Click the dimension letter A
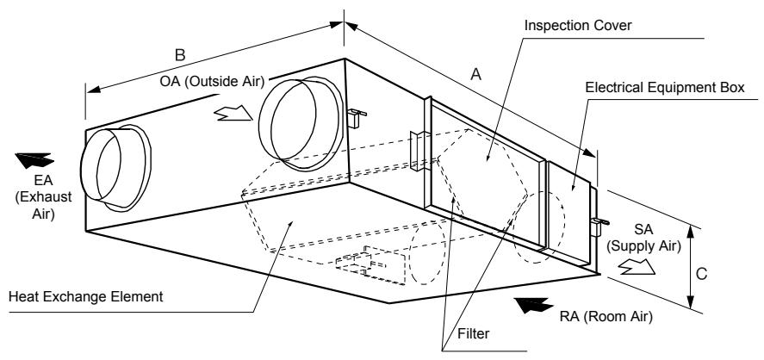476,75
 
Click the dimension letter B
180,55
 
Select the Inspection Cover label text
578,25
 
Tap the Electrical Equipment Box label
665,88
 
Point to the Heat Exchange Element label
86,296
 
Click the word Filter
473,333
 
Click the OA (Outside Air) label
212,81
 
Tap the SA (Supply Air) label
643,238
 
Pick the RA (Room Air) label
606,317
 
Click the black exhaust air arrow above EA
34,160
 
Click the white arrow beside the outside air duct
233,114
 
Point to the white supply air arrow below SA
637,267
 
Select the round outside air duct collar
298,123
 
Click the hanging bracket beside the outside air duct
356,118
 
